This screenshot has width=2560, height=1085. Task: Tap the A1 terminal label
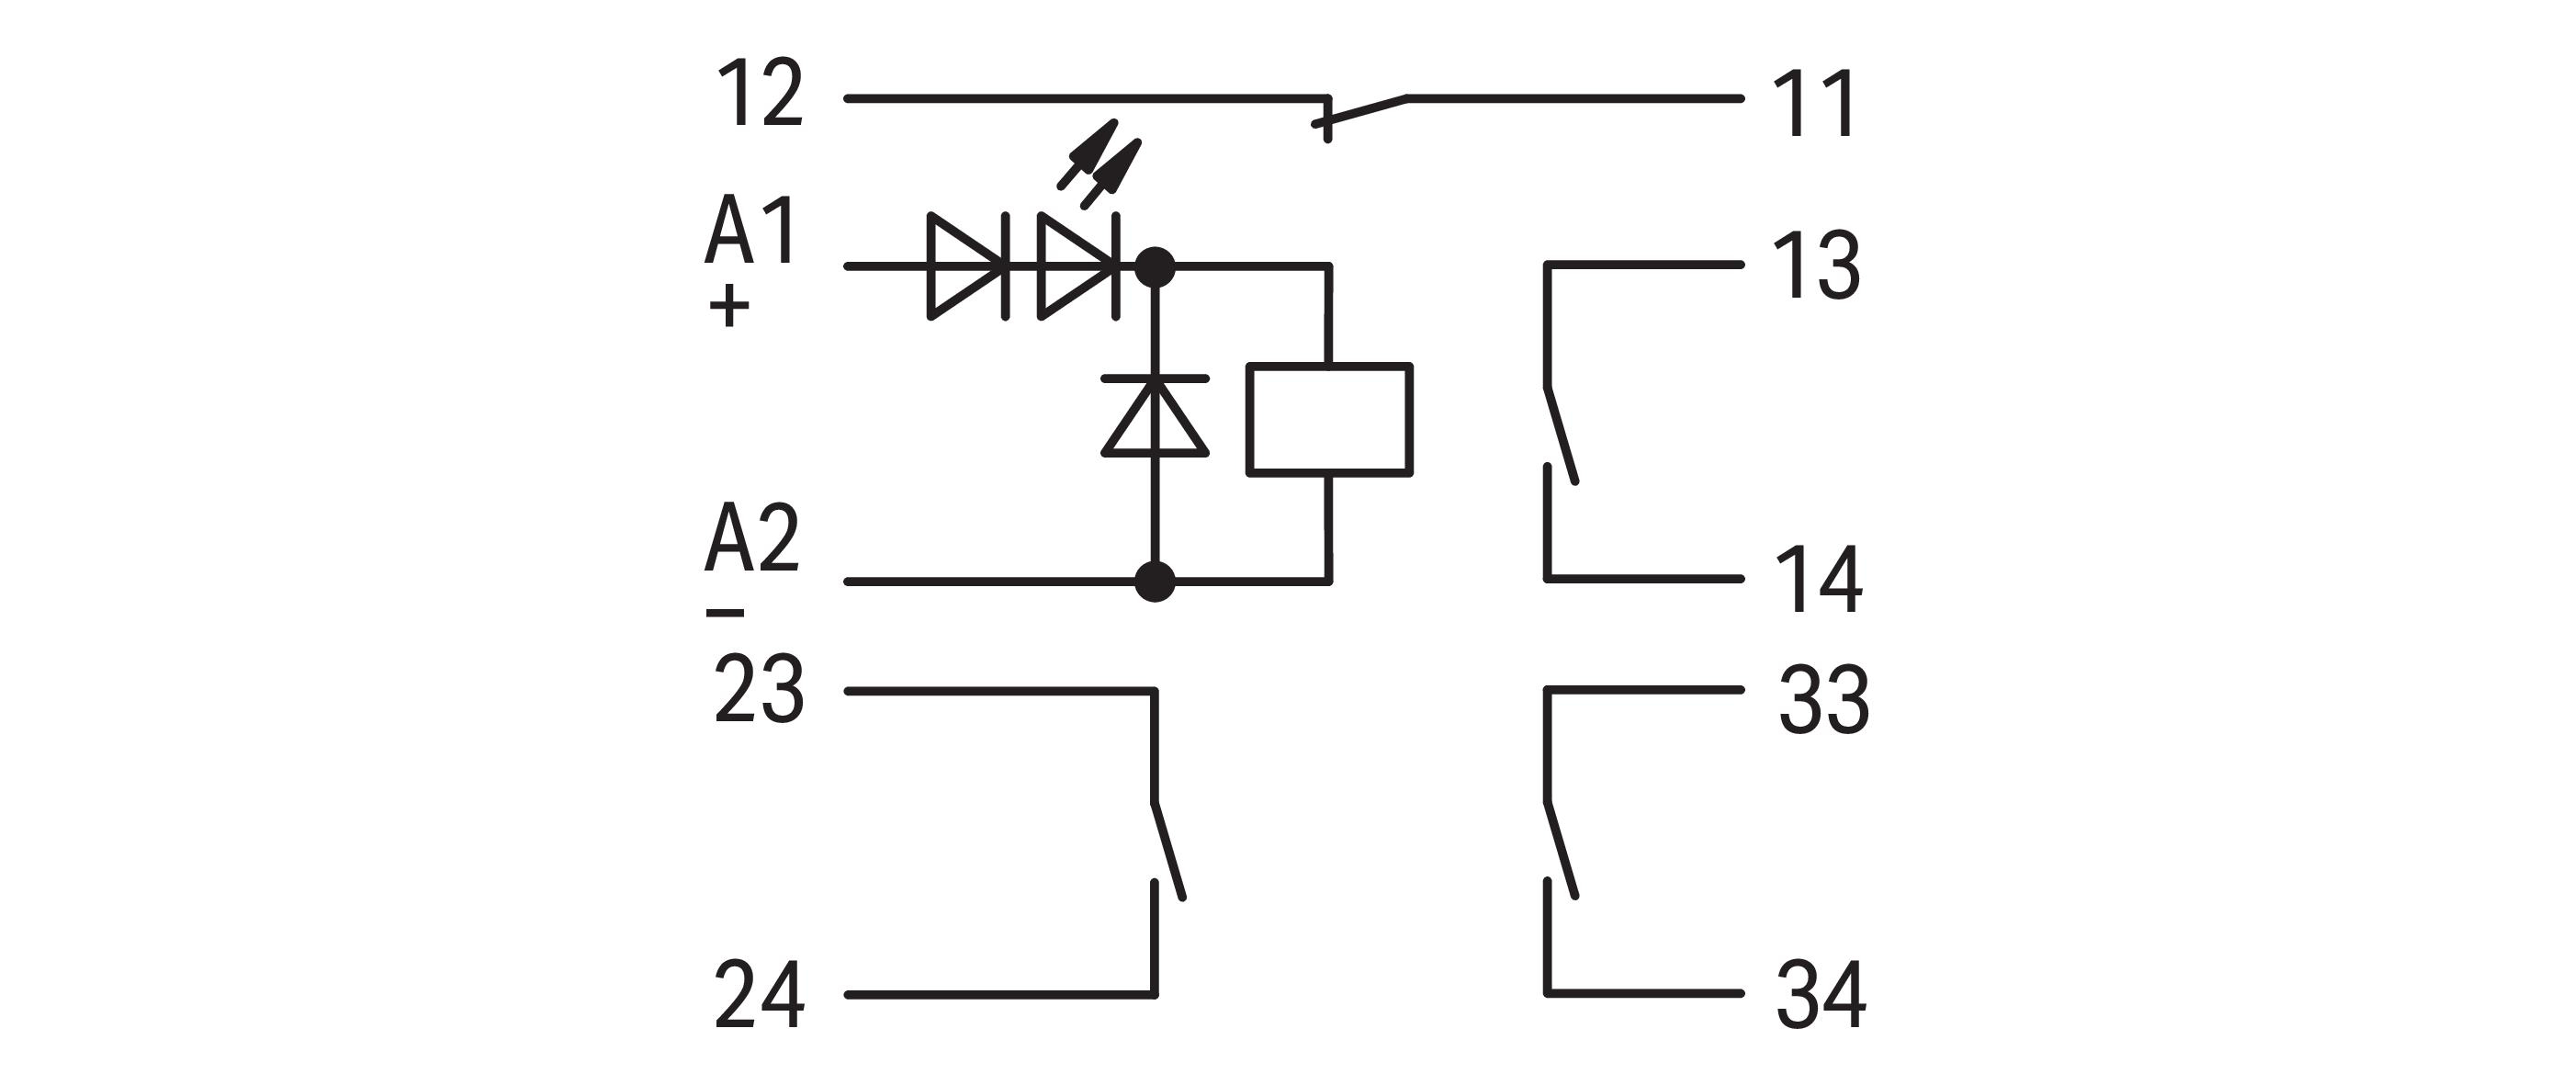coord(751,231)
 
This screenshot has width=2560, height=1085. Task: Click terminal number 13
coord(1817,266)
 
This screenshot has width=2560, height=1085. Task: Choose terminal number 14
coord(1819,581)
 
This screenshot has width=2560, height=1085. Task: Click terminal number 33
coord(1823,700)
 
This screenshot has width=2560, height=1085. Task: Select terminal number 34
coord(1821,995)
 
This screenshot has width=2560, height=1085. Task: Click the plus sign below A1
coord(729,307)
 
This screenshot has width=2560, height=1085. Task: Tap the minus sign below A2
coord(726,613)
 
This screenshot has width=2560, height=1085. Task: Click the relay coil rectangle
coord(1330,420)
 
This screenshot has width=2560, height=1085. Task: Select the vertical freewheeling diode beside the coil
coord(1155,417)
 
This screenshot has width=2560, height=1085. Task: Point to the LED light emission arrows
coord(1100,164)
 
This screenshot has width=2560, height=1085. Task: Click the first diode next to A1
coord(966,266)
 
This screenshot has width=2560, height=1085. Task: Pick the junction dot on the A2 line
coord(1155,582)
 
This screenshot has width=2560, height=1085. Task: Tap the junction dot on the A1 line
coord(1155,266)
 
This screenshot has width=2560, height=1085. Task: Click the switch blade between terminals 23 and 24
coord(1168,851)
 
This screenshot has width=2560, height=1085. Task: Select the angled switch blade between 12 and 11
coord(1361,111)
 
